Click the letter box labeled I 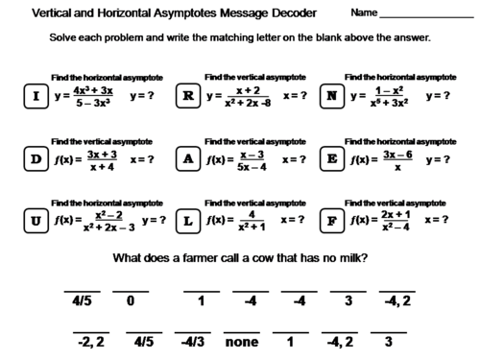pos(36,97)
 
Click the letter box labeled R pos(189,97)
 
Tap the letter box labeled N pos(332,97)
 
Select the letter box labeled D pos(36,159)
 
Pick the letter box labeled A pos(189,159)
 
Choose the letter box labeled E pos(332,159)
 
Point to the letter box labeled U pos(36,221)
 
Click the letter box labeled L pos(189,221)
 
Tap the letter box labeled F pos(332,221)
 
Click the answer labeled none pos(243,341)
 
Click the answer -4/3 pos(192,341)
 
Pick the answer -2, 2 pos(91,341)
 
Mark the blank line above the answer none pos(243,328)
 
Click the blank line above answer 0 pos(131,290)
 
